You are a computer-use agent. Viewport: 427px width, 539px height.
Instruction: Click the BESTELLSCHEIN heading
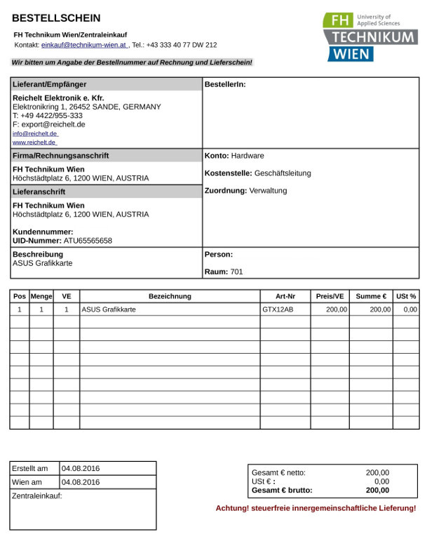(56, 18)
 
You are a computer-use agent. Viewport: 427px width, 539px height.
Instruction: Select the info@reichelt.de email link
(35, 133)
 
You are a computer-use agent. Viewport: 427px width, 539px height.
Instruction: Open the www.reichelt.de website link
(34, 142)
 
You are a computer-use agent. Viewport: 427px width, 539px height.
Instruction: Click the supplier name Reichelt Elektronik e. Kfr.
(58, 98)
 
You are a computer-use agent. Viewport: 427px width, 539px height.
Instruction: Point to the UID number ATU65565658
(83, 241)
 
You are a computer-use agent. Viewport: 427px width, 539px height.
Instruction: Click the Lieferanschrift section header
(39, 192)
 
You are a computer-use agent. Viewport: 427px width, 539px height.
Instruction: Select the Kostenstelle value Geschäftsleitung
(283, 173)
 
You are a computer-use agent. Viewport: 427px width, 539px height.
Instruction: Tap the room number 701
(236, 272)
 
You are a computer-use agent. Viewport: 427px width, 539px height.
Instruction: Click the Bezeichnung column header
(170, 296)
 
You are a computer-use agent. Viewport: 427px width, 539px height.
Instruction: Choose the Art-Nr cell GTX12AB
(278, 310)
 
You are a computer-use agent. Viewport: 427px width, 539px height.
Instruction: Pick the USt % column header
(406, 296)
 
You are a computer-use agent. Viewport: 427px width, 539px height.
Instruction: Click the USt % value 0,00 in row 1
(410, 310)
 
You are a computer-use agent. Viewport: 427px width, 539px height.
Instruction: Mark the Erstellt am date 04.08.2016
(81, 468)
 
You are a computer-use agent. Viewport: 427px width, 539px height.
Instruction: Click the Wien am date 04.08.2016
(81, 482)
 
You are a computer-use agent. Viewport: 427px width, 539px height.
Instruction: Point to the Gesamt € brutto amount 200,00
(377, 491)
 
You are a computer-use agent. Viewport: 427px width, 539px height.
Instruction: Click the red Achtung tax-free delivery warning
(316, 508)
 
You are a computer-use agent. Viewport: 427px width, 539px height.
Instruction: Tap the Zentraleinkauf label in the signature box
(37, 496)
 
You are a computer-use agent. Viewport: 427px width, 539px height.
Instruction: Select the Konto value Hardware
(248, 156)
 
